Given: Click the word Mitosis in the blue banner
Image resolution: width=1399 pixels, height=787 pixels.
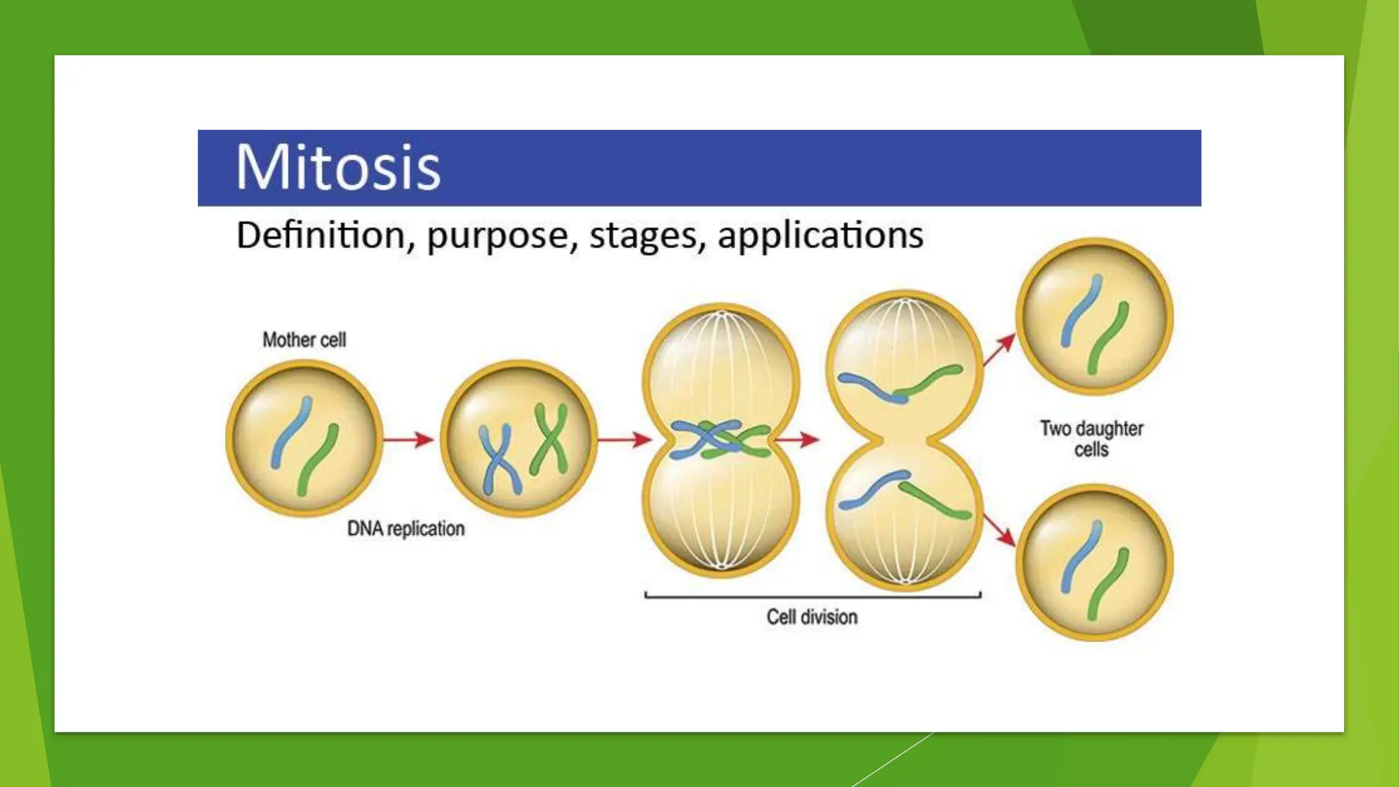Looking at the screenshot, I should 338,167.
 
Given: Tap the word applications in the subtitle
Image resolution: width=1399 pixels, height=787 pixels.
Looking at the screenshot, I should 820,236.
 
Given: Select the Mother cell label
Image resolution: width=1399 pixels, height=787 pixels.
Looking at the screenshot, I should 304,340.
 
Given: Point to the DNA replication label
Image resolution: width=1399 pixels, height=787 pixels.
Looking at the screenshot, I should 406,528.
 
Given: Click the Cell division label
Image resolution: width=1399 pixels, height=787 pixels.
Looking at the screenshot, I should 812,617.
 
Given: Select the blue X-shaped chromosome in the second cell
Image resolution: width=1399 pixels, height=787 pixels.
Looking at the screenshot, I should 500,460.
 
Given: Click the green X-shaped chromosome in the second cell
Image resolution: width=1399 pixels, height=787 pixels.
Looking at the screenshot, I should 551,438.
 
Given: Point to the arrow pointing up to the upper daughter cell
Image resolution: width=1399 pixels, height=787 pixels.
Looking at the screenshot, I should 999,350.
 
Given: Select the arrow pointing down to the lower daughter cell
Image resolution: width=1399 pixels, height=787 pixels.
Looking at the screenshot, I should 999,530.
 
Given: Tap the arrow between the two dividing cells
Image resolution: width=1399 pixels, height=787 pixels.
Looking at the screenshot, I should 797,439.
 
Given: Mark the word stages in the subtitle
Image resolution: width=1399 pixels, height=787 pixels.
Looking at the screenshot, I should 646,236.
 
